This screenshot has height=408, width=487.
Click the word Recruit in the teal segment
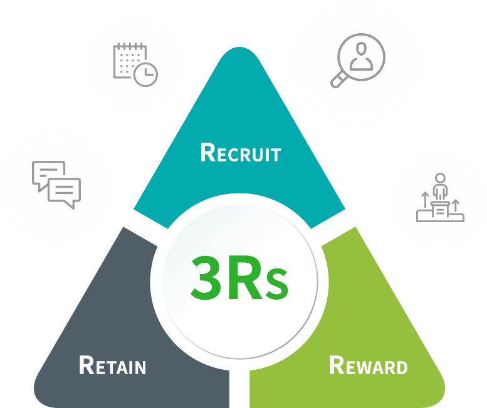240,153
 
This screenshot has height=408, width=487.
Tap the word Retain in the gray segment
113,365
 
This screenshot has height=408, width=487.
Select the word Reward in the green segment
368,365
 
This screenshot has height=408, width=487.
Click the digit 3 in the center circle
204,276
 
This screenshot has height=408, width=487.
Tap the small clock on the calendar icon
145,74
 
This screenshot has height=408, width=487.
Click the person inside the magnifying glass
362,54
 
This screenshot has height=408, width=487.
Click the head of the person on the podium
440,178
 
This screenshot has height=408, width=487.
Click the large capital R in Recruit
207,152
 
